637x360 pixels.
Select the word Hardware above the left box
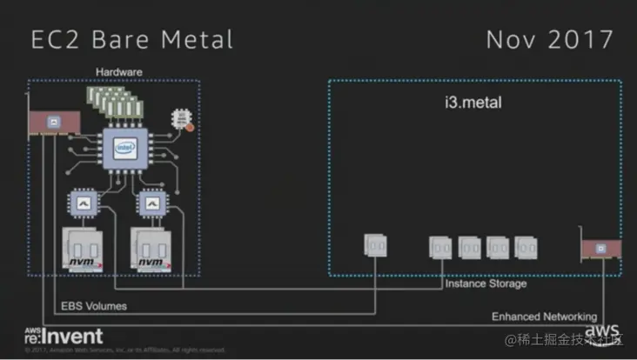click(118, 71)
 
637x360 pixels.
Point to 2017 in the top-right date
click(579, 39)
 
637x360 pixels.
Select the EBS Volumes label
click(93, 306)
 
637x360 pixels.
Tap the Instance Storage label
click(485, 284)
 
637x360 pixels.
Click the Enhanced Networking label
click(544, 317)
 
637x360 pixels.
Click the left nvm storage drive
click(84, 249)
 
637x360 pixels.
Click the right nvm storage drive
click(151, 249)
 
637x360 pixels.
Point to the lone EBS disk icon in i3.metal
click(375, 245)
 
